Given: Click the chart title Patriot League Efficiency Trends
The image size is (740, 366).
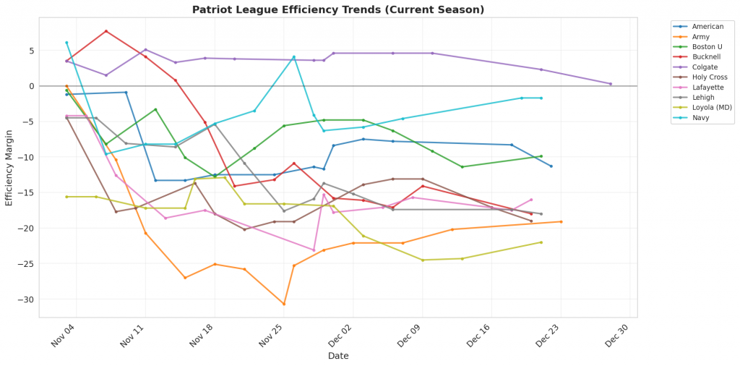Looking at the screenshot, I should [x=338, y=10].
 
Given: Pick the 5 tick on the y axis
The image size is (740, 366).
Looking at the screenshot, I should [x=31, y=51].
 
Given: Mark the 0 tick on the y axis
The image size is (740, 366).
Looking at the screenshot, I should [x=31, y=86].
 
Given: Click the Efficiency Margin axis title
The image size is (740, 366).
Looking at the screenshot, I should [x=9, y=168].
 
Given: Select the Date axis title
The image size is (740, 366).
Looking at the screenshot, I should [x=338, y=356].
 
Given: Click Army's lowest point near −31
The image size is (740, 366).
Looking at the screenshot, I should [x=284, y=304].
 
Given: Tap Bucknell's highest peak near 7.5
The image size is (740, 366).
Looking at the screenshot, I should [x=106, y=31].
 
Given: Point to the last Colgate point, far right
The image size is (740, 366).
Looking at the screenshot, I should [x=610, y=84].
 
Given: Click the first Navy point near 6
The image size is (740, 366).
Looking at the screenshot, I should [x=66, y=43].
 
